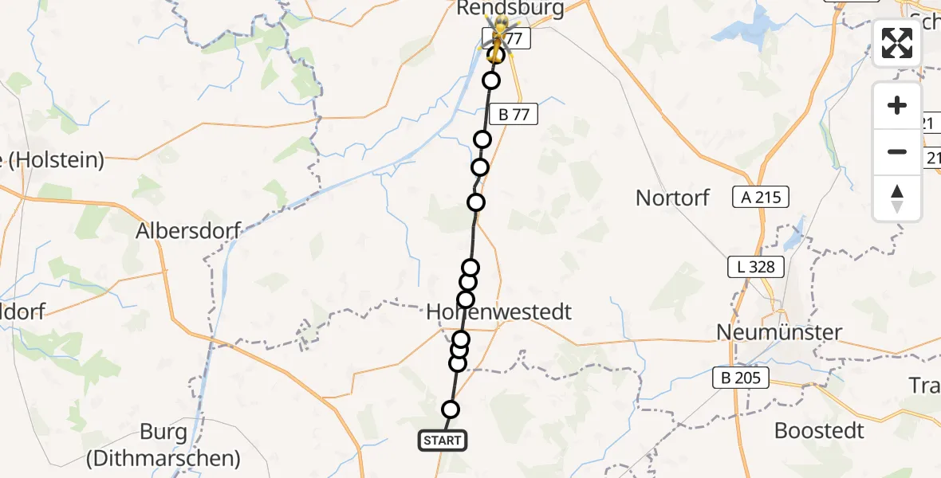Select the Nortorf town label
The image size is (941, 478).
672,198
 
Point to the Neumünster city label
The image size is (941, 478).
778,331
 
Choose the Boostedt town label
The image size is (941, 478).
819,431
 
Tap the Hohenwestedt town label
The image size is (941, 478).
499,311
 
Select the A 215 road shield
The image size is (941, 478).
761,197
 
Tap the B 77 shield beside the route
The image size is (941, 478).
514,115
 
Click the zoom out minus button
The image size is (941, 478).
897,151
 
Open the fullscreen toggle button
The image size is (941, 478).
897,43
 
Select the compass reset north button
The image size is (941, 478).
897,198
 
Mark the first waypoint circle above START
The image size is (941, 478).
451,409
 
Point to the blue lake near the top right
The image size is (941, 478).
746,30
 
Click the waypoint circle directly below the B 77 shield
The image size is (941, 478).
482,140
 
